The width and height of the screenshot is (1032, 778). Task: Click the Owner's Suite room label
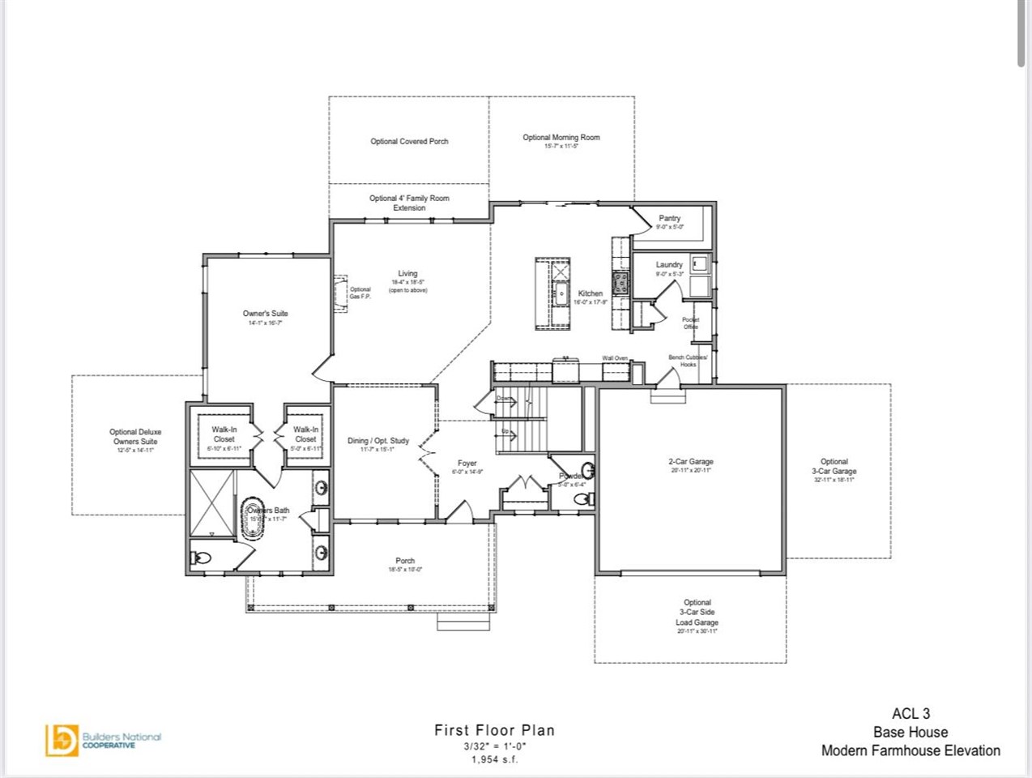265,314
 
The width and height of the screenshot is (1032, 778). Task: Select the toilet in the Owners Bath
201,558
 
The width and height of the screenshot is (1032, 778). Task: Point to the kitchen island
553,293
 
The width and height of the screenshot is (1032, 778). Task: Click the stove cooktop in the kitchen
621,282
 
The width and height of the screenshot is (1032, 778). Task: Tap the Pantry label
669,219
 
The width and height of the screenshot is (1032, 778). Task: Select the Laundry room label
669,265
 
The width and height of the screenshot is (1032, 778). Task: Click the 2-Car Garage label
690,462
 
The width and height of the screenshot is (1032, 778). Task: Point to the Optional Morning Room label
561,138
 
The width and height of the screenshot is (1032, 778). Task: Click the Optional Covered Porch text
409,142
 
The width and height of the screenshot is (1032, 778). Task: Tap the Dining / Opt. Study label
378,441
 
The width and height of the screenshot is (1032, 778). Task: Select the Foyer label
467,464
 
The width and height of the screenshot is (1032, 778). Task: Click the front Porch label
405,561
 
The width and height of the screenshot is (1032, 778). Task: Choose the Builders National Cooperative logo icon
61,740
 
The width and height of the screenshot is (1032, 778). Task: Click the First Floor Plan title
494,730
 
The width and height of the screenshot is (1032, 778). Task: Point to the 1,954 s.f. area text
494,759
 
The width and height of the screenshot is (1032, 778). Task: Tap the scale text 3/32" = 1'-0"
494,746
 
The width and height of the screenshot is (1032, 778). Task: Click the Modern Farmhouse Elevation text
910,750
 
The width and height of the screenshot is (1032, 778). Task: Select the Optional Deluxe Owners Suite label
135,437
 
